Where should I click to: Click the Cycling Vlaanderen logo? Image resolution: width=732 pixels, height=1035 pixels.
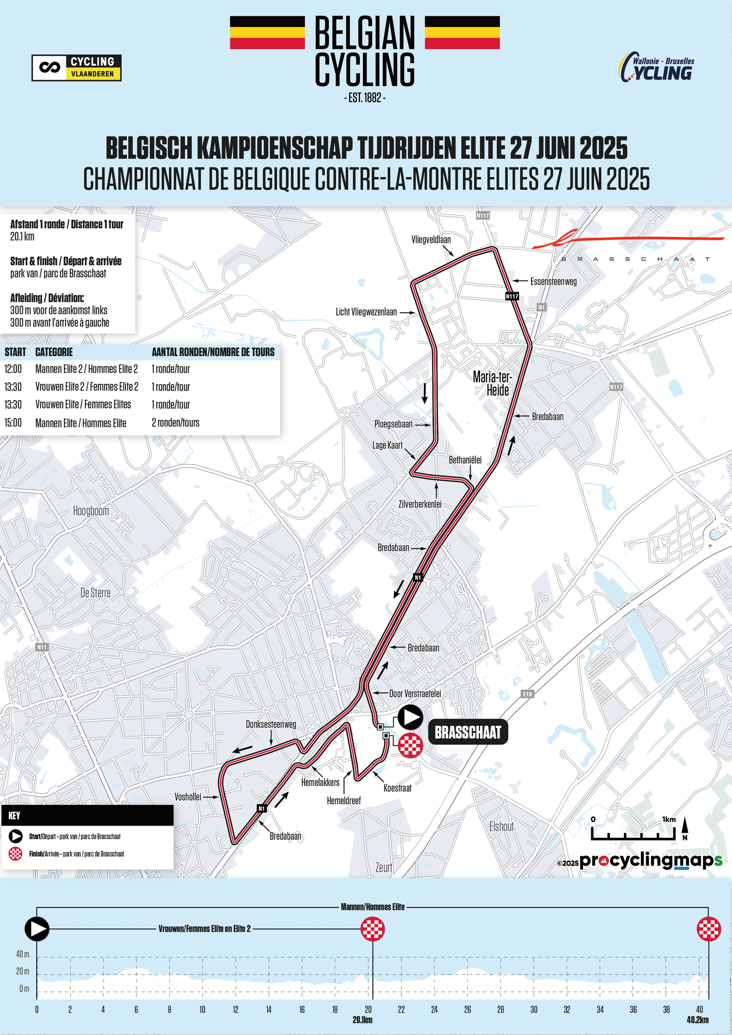[x=76, y=68]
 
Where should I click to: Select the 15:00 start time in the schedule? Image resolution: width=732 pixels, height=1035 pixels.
[x=13, y=422]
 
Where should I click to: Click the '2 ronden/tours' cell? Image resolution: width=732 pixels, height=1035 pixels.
[x=175, y=422]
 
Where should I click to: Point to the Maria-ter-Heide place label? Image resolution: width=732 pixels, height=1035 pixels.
[x=492, y=383]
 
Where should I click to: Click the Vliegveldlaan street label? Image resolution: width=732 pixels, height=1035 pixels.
[x=431, y=239]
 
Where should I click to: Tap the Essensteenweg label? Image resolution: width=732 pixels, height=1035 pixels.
[x=554, y=281]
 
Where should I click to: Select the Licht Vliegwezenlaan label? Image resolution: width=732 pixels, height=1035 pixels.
[x=366, y=312]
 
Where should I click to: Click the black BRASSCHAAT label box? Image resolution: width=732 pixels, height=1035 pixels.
[x=468, y=732]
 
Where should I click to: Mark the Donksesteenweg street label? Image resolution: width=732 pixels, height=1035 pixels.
[x=271, y=724]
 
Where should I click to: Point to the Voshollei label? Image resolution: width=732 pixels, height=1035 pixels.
[x=188, y=797]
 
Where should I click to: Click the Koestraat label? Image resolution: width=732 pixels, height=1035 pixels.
[x=398, y=788]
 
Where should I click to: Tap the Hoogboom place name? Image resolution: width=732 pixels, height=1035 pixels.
[x=91, y=511]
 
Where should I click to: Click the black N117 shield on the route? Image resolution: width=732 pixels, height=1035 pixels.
[x=512, y=296]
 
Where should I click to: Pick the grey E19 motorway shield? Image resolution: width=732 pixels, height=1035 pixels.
[x=528, y=694]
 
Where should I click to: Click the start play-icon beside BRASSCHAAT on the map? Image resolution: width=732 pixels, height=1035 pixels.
[x=410, y=717]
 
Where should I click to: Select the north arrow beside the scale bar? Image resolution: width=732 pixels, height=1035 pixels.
[x=685, y=827]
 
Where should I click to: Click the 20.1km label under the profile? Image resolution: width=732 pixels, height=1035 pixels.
[x=362, y=1020]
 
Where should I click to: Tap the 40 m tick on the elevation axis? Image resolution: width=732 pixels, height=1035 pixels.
[x=23, y=954]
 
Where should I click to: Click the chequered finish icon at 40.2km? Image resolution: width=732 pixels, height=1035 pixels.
[x=709, y=929]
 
